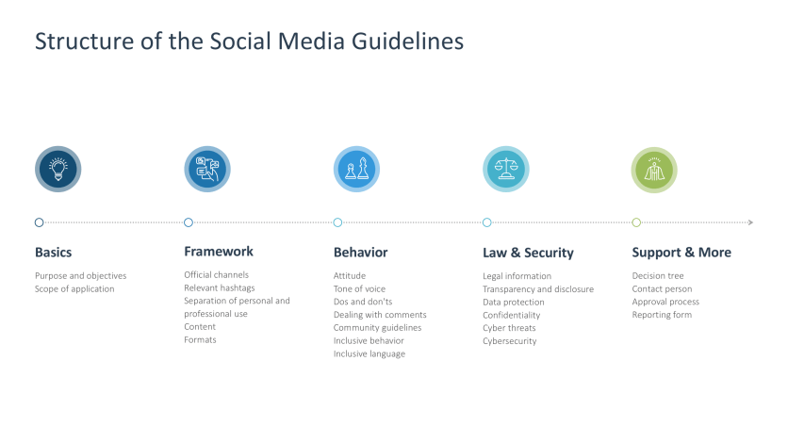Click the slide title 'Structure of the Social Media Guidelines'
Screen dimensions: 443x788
click(249, 41)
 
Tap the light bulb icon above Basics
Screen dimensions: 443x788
click(58, 170)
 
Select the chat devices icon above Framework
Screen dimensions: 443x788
click(207, 170)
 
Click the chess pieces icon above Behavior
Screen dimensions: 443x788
click(356, 170)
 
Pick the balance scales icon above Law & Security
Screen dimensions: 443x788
click(506, 170)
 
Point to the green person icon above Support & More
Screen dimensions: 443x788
click(654, 170)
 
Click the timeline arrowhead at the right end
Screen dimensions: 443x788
click(749, 222)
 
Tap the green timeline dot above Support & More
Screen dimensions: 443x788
click(636, 222)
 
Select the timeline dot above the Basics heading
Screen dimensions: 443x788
click(39, 222)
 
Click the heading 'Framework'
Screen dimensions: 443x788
click(219, 252)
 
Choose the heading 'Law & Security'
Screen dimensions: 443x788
click(528, 253)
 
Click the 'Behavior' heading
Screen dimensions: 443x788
click(361, 253)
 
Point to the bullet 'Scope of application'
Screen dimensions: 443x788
click(74, 289)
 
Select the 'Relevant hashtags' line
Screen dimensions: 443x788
click(220, 288)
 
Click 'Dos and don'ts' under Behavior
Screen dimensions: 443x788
click(363, 302)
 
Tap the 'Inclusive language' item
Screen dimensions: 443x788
click(369, 353)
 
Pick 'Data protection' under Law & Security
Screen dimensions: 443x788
click(514, 303)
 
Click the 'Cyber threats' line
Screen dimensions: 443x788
click(510, 328)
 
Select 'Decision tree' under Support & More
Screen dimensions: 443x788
click(658, 276)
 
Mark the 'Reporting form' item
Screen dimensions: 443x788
click(662, 315)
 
